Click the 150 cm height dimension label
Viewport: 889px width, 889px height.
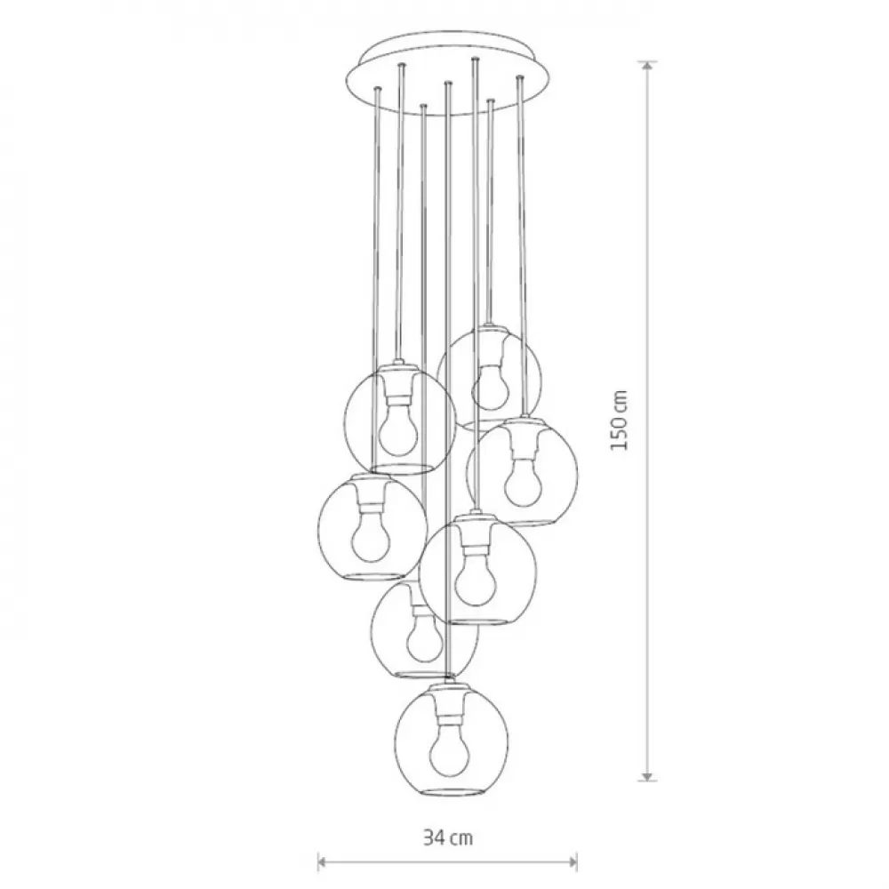(x=619, y=420)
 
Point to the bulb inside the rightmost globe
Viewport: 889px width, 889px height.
(x=522, y=482)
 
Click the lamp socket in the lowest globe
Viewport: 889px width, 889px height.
(x=450, y=709)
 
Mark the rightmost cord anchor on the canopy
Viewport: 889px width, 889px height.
(x=518, y=77)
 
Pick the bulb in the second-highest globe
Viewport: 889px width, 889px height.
(x=398, y=431)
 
